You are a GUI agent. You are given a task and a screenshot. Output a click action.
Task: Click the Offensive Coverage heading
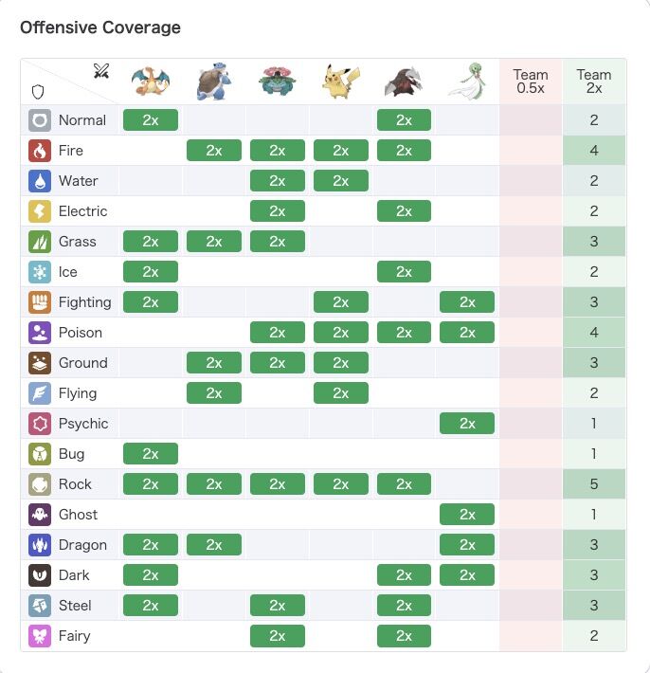[x=100, y=27]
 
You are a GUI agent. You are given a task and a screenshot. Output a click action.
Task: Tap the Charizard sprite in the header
[x=151, y=82]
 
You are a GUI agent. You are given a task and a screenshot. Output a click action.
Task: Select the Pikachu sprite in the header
[x=340, y=82]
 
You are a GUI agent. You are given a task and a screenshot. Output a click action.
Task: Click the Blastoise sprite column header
[x=214, y=82]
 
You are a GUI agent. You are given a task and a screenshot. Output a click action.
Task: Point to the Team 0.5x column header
[x=531, y=82]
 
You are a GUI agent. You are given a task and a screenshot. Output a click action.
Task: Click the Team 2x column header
[x=594, y=82]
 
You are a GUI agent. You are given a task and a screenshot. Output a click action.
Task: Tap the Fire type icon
[x=40, y=151]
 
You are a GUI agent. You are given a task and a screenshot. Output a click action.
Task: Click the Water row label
[x=78, y=181]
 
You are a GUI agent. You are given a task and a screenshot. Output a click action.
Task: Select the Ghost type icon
[x=40, y=515]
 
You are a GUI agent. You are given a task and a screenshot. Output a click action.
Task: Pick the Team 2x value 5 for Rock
[x=594, y=484]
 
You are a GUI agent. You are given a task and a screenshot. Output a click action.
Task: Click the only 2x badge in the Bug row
[x=151, y=454]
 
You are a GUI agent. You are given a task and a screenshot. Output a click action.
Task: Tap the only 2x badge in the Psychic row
[x=467, y=424]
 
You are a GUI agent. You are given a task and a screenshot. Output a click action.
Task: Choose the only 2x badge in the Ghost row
[x=467, y=515]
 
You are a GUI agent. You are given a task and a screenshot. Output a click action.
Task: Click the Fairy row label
[x=75, y=636]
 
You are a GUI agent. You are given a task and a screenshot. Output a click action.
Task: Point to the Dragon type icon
[x=40, y=545]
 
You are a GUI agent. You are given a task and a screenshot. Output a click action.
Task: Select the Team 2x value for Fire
[x=594, y=151]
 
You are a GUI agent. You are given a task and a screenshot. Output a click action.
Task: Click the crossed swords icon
[x=101, y=71]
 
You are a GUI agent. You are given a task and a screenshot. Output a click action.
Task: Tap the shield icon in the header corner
[x=39, y=92]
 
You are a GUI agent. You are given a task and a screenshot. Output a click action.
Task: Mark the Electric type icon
[x=40, y=211]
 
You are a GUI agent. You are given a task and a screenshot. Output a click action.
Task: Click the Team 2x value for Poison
[x=594, y=333]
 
